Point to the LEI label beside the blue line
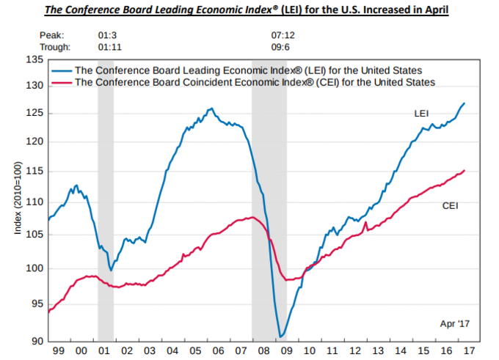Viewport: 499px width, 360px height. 421,114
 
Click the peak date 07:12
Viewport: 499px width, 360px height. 283,34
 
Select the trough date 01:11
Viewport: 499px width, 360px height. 108,46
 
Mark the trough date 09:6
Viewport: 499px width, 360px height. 280,46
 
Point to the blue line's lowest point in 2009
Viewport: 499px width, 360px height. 280,337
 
